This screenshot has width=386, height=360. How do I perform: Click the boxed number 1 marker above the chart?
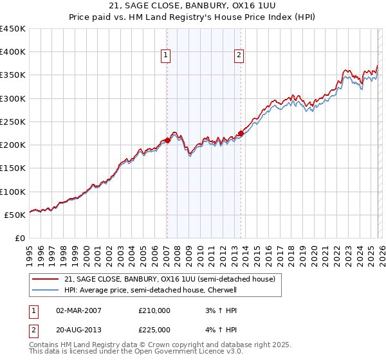pos(166,56)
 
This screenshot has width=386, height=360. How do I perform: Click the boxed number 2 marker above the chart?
pos(239,56)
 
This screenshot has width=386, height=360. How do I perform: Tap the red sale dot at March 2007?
pos(167,139)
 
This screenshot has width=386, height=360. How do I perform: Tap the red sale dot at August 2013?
pos(241,134)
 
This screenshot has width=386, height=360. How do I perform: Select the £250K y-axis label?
pos(13,122)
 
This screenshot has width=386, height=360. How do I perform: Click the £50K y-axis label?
pos(15,215)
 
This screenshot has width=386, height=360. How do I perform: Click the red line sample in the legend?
pos(46,279)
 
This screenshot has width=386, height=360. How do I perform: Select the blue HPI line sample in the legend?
pos(46,290)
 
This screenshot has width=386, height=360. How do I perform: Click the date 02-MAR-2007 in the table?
pos(78,310)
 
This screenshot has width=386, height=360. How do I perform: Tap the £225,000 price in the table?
pos(154,330)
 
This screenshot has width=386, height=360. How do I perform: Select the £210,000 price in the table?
pos(154,310)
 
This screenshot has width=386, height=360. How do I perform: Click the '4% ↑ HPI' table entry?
pos(219,330)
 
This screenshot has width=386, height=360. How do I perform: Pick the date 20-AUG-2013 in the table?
pos(78,330)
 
